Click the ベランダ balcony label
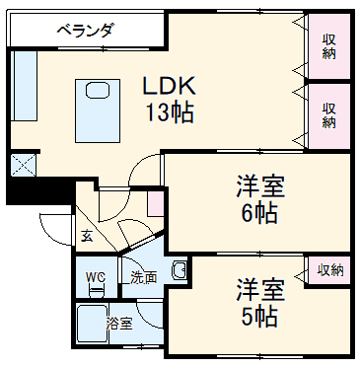pyautogui.click(x=86, y=29)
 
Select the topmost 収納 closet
pyautogui.click(x=327, y=45)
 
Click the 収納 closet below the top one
pyautogui.click(x=327, y=114)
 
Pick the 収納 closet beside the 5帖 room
pyautogui.click(x=329, y=269)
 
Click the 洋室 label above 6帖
pyautogui.click(x=259, y=185)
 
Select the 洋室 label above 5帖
pyautogui.click(x=259, y=290)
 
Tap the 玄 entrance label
pyautogui.click(x=88, y=236)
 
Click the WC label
pyautogui.click(x=96, y=277)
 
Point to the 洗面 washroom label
pyautogui.click(x=144, y=277)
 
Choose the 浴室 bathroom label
pyautogui.click(x=119, y=324)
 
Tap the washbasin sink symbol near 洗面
pyautogui.click(x=179, y=269)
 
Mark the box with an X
pyautogui.click(x=23, y=164)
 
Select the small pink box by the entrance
pyautogui.click(x=155, y=204)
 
